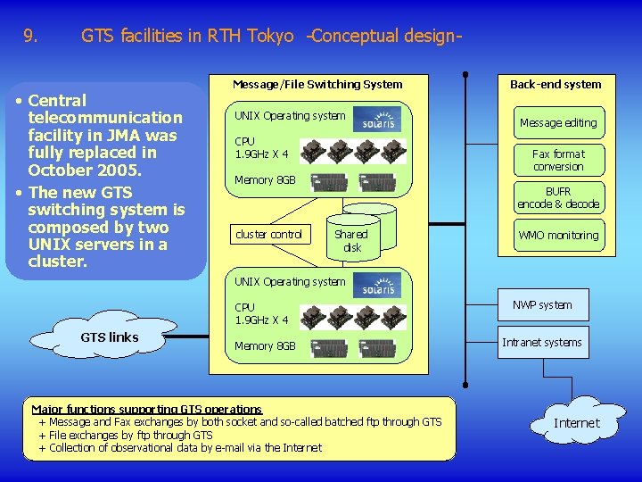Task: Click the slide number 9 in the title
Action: (30, 37)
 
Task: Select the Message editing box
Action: (558, 122)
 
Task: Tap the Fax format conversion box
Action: (558, 160)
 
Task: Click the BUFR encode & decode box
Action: (558, 197)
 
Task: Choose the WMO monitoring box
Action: (558, 235)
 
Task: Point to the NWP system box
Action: (542, 305)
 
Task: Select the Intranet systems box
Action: (542, 343)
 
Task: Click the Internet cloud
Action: (576, 422)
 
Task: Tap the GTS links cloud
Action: (109, 337)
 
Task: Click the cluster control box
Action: (268, 235)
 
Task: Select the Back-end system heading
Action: (556, 85)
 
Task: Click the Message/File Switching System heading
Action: (317, 85)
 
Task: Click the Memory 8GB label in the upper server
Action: (265, 180)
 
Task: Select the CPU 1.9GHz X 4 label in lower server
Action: (261, 313)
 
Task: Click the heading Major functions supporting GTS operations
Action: (147, 409)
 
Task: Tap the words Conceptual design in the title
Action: (385, 37)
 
